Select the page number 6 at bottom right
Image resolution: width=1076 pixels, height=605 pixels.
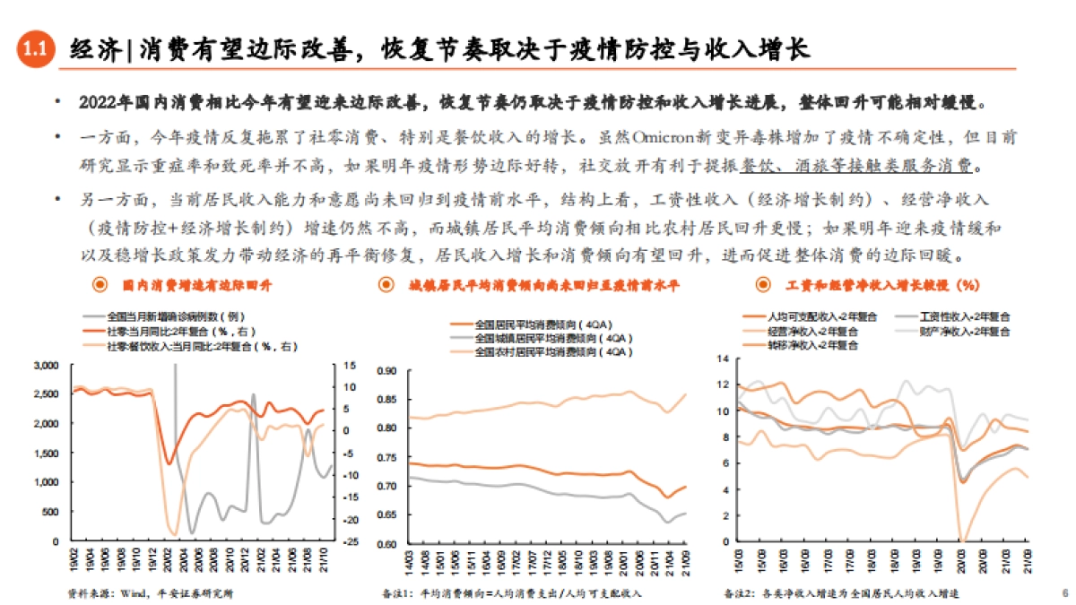[x=1063, y=592]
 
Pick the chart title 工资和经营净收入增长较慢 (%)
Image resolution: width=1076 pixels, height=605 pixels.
[x=881, y=286]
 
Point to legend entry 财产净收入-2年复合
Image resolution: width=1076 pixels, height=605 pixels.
[x=964, y=331]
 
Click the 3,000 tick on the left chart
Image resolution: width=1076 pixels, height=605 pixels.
[x=46, y=366]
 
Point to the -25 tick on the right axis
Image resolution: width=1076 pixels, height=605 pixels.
[x=351, y=542]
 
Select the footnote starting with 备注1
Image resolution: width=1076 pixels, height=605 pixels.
[x=512, y=592]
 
